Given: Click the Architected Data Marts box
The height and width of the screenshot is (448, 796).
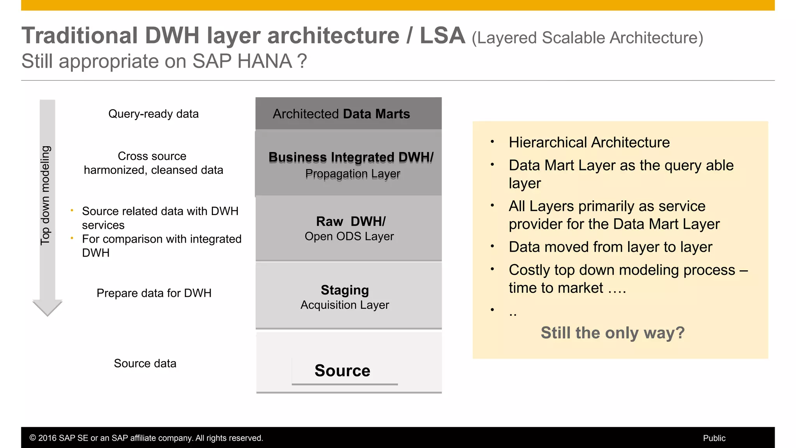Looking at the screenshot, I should [x=348, y=114].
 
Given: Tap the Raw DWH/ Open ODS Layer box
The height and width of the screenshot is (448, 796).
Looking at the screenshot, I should [x=348, y=228].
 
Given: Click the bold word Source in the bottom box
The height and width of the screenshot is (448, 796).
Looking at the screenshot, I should [x=342, y=371].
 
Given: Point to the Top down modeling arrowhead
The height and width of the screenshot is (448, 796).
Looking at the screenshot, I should [x=47, y=308].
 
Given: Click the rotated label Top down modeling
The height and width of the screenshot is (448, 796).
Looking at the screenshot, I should [x=45, y=195].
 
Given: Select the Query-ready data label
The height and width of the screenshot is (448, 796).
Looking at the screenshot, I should [x=153, y=114].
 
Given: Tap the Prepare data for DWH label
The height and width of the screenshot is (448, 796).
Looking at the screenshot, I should [x=154, y=293].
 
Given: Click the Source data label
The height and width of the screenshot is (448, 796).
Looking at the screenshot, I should [x=145, y=364].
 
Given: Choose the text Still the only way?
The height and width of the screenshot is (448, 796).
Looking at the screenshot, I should [x=613, y=333].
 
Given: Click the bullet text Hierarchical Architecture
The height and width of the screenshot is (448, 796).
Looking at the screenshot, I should [x=589, y=143].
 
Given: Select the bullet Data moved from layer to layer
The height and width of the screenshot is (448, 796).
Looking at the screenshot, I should [x=610, y=247].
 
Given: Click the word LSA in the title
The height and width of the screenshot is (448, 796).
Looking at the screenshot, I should [x=442, y=36].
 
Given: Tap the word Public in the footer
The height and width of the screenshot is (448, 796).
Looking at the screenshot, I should [x=714, y=438].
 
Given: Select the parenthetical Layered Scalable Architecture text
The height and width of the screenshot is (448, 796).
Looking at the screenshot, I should [x=587, y=38].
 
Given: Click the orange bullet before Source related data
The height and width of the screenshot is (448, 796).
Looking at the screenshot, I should [x=72, y=210].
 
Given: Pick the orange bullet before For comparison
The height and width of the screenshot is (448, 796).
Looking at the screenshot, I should [x=72, y=238].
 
